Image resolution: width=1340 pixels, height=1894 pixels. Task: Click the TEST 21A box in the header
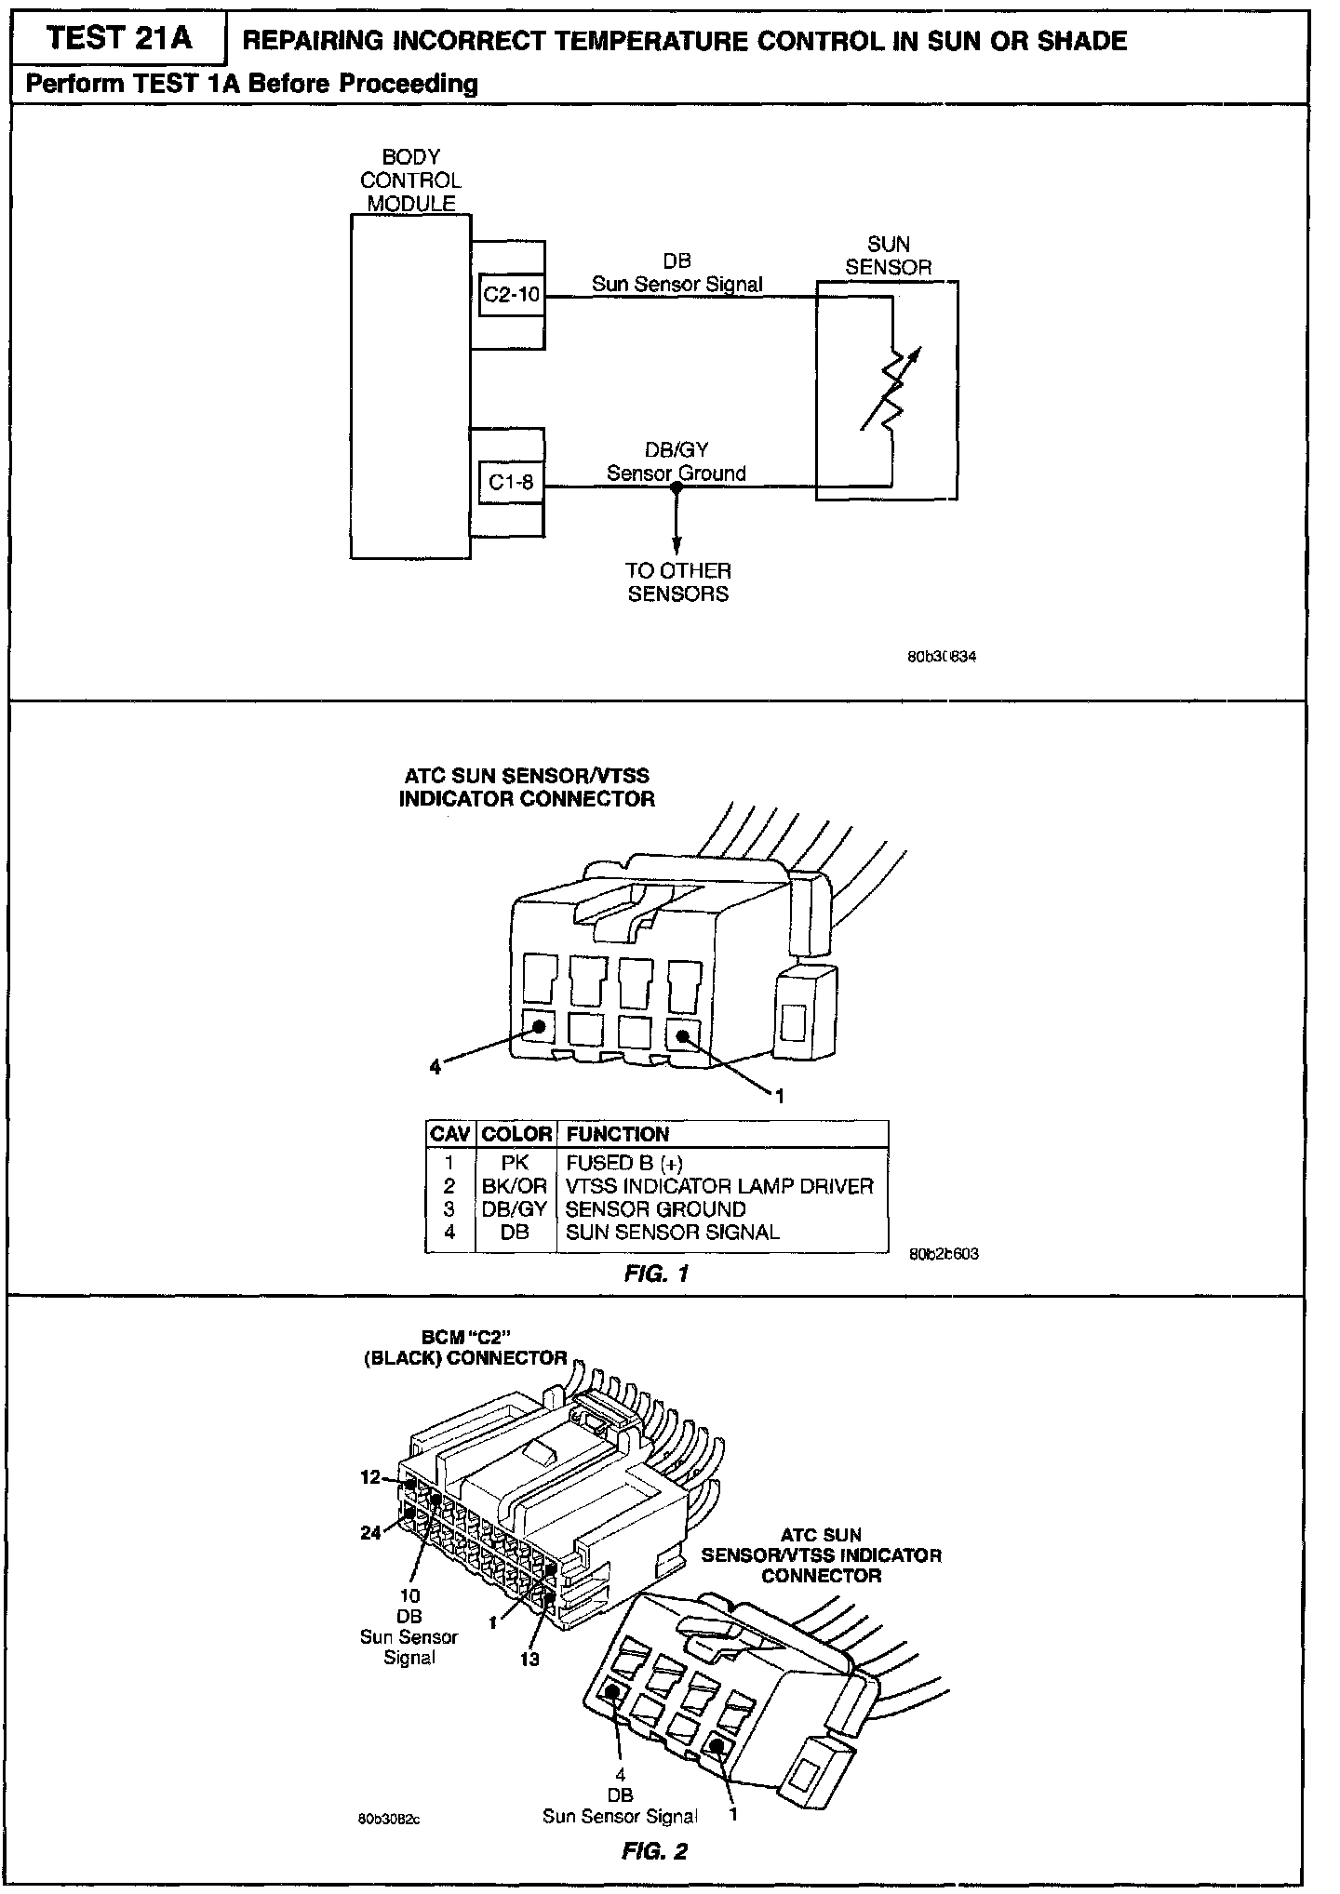tap(118, 38)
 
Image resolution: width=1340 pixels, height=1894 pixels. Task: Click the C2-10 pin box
tap(511, 296)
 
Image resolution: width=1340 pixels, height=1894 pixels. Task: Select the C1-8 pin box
tap(511, 483)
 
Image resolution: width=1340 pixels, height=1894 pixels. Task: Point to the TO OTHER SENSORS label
tap(677, 582)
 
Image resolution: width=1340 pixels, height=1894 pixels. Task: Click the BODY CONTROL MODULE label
tap(410, 180)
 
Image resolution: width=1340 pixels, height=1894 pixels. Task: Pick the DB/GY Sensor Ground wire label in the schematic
tap(677, 461)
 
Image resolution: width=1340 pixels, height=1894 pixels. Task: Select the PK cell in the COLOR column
tap(515, 1163)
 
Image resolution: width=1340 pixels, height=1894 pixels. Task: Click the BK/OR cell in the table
tap(515, 1186)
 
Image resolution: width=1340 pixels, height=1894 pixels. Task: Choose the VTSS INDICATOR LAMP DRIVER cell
tap(719, 1186)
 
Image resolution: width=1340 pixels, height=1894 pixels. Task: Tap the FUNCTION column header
tap(617, 1134)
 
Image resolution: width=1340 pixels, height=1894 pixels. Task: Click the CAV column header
tap(450, 1134)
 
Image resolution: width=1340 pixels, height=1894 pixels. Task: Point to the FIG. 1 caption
tap(656, 1274)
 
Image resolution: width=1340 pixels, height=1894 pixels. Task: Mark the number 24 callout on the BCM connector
tap(370, 1532)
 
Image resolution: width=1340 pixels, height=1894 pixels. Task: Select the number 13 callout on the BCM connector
tap(529, 1659)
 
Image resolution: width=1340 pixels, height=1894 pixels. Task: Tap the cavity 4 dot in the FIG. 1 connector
tap(539, 1026)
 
